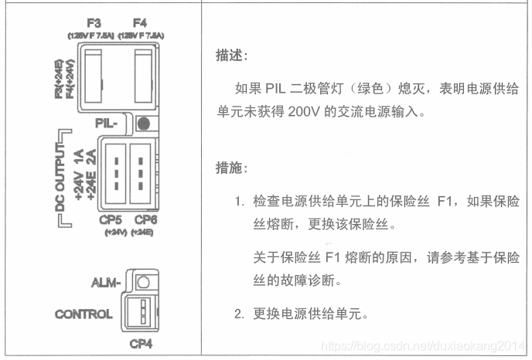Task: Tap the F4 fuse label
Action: (x=139, y=24)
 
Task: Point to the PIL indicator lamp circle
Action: (x=142, y=122)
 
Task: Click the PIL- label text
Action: (x=106, y=122)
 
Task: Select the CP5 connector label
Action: (x=112, y=219)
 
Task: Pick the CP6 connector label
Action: (x=144, y=219)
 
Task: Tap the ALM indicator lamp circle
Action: (x=142, y=283)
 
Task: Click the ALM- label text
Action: (x=106, y=284)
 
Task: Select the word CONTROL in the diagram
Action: (x=84, y=314)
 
